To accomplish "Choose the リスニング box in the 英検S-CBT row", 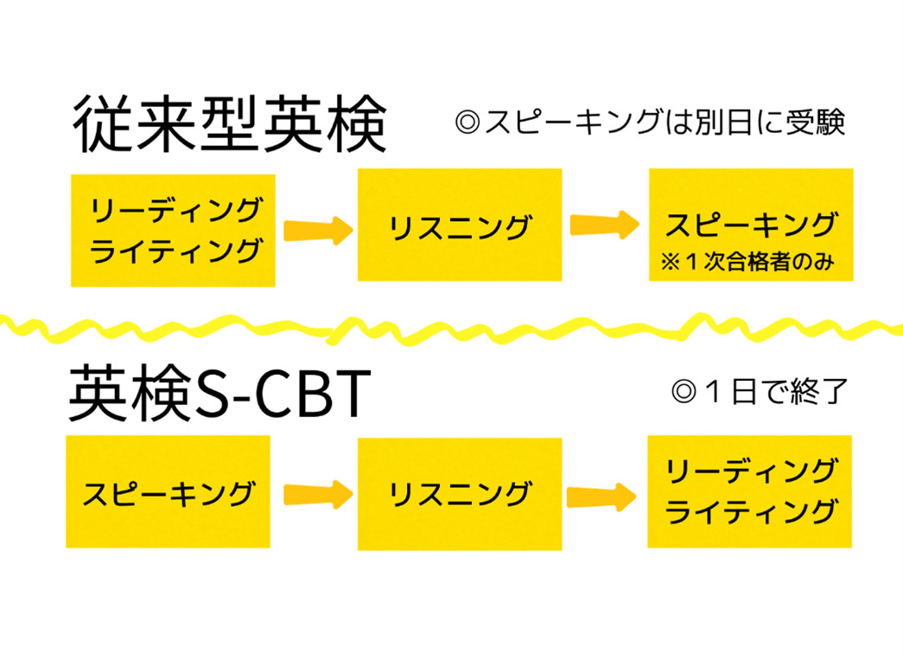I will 460,495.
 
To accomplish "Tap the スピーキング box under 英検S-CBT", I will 169,494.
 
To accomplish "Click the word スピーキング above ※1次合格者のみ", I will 751,225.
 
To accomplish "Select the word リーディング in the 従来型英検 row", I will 174,210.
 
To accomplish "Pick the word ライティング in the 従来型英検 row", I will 174,250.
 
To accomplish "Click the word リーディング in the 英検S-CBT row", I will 750,472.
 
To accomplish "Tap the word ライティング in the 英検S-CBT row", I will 750,512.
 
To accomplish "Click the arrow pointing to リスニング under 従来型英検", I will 317,230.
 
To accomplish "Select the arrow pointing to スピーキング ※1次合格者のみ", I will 604,225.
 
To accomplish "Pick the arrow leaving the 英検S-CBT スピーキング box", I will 317,495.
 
